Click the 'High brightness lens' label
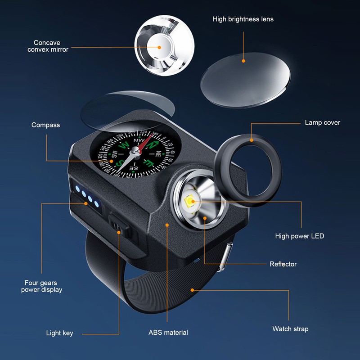coord(243,19)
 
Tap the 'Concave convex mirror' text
coord(48,46)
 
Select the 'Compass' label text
coord(45,125)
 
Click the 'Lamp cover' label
coord(322,122)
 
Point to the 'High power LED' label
coord(299,236)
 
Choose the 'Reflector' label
coord(283,264)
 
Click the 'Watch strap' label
coord(290,329)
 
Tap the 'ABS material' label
coord(168,333)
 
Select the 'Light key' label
coord(59,333)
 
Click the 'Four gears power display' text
coord(41,286)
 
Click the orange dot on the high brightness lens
coord(243,61)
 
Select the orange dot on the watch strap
coord(192,290)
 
